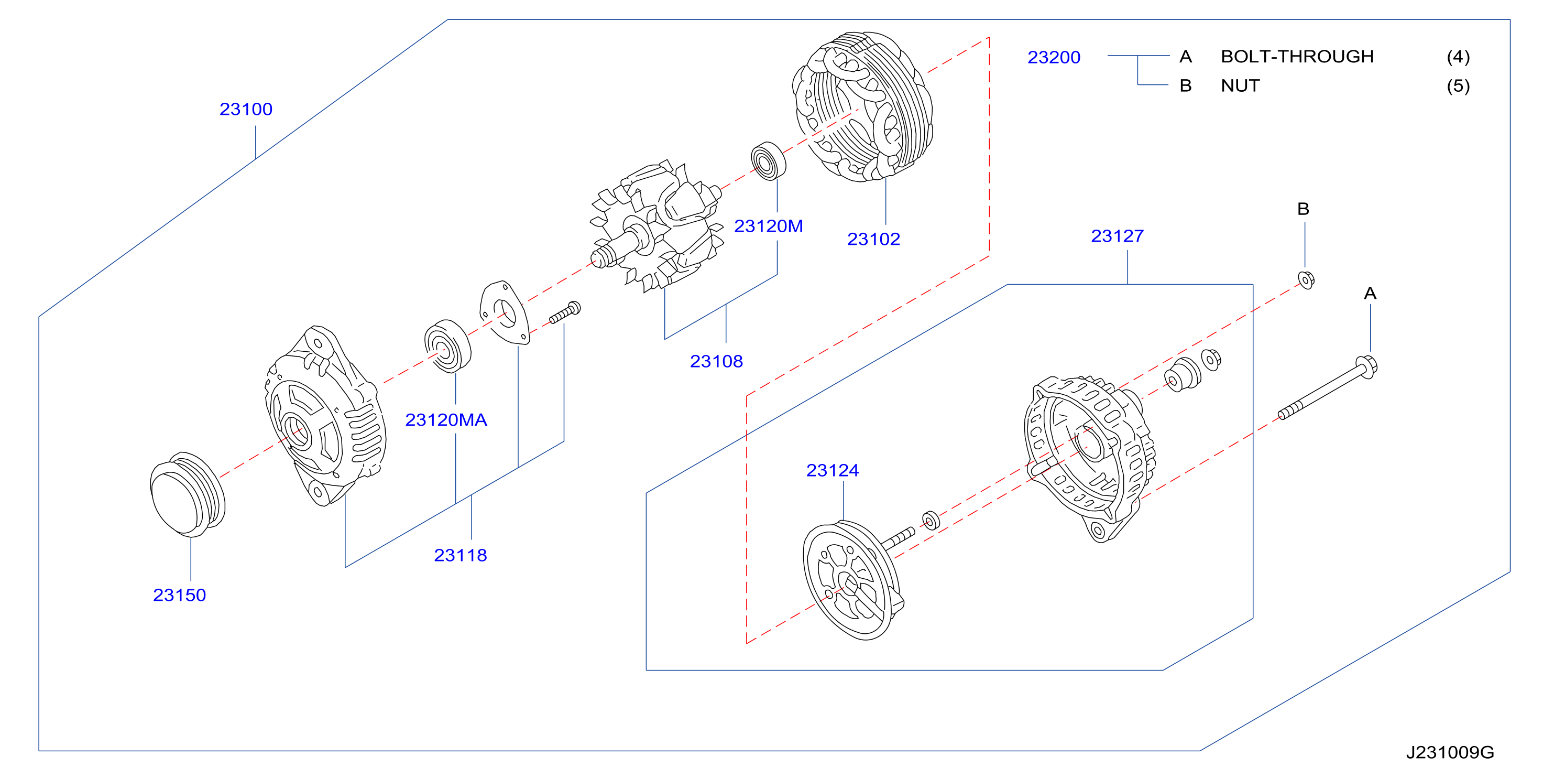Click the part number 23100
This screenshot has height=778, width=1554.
click(x=246, y=109)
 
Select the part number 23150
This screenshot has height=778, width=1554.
click(x=179, y=595)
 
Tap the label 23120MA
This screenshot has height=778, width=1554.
click(x=446, y=419)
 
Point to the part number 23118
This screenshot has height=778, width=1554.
click(x=461, y=555)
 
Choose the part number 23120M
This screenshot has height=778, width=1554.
click(x=768, y=226)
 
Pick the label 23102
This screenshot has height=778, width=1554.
click(x=873, y=239)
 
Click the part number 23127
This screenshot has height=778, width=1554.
click(x=1117, y=236)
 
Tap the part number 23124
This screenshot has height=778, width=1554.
click(x=833, y=470)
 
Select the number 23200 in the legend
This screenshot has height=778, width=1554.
click(x=1054, y=57)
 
